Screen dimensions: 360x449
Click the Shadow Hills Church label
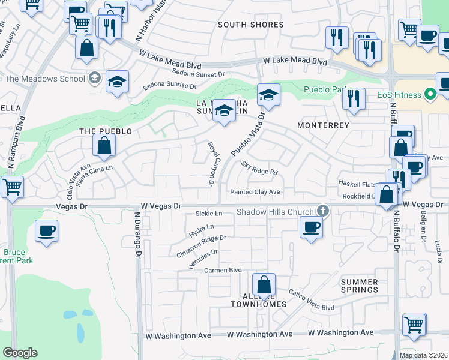click(275, 212)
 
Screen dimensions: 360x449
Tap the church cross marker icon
click(323, 211)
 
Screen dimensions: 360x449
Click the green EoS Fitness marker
click(429, 94)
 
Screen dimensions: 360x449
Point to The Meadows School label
click(45, 79)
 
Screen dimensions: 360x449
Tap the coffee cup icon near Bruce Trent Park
click(46, 230)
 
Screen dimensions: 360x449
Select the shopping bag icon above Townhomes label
click(263, 284)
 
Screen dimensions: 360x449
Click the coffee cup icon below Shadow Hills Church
click(310, 227)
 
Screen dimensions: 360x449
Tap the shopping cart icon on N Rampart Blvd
click(11, 187)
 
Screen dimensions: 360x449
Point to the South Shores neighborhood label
click(250, 25)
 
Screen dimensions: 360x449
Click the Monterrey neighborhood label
click(323, 125)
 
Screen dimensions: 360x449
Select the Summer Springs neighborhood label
click(360, 286)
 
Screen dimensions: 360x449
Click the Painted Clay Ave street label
click(256, 192)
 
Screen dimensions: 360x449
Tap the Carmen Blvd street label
click(222, 271)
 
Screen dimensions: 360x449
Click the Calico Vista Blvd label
click(311, 299)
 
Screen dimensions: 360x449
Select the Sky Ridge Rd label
click(260, 168)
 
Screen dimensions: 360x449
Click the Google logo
click(20, 353)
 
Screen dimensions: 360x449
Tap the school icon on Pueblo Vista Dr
click(268, 95)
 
